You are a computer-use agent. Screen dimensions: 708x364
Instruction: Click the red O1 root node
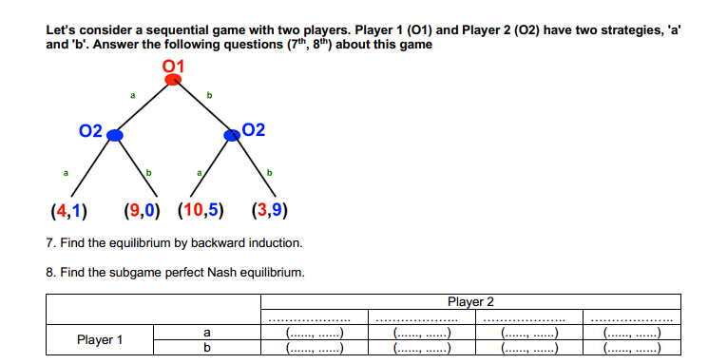173,79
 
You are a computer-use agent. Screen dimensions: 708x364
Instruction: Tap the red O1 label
173,65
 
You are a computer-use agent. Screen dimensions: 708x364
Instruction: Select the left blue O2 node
115,136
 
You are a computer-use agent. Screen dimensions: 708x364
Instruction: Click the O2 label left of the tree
91,131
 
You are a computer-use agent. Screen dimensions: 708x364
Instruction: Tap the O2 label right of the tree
256,130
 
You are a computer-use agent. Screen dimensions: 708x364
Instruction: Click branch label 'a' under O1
133,95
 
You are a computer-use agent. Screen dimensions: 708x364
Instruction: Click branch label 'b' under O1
209,95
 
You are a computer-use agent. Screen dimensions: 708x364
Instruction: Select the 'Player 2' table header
470,302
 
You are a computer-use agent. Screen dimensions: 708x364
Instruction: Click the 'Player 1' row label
100,339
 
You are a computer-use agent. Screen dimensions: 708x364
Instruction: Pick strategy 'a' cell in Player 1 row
206,333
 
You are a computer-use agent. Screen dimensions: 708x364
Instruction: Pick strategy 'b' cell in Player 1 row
206,347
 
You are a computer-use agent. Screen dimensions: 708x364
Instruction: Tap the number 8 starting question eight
48,272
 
